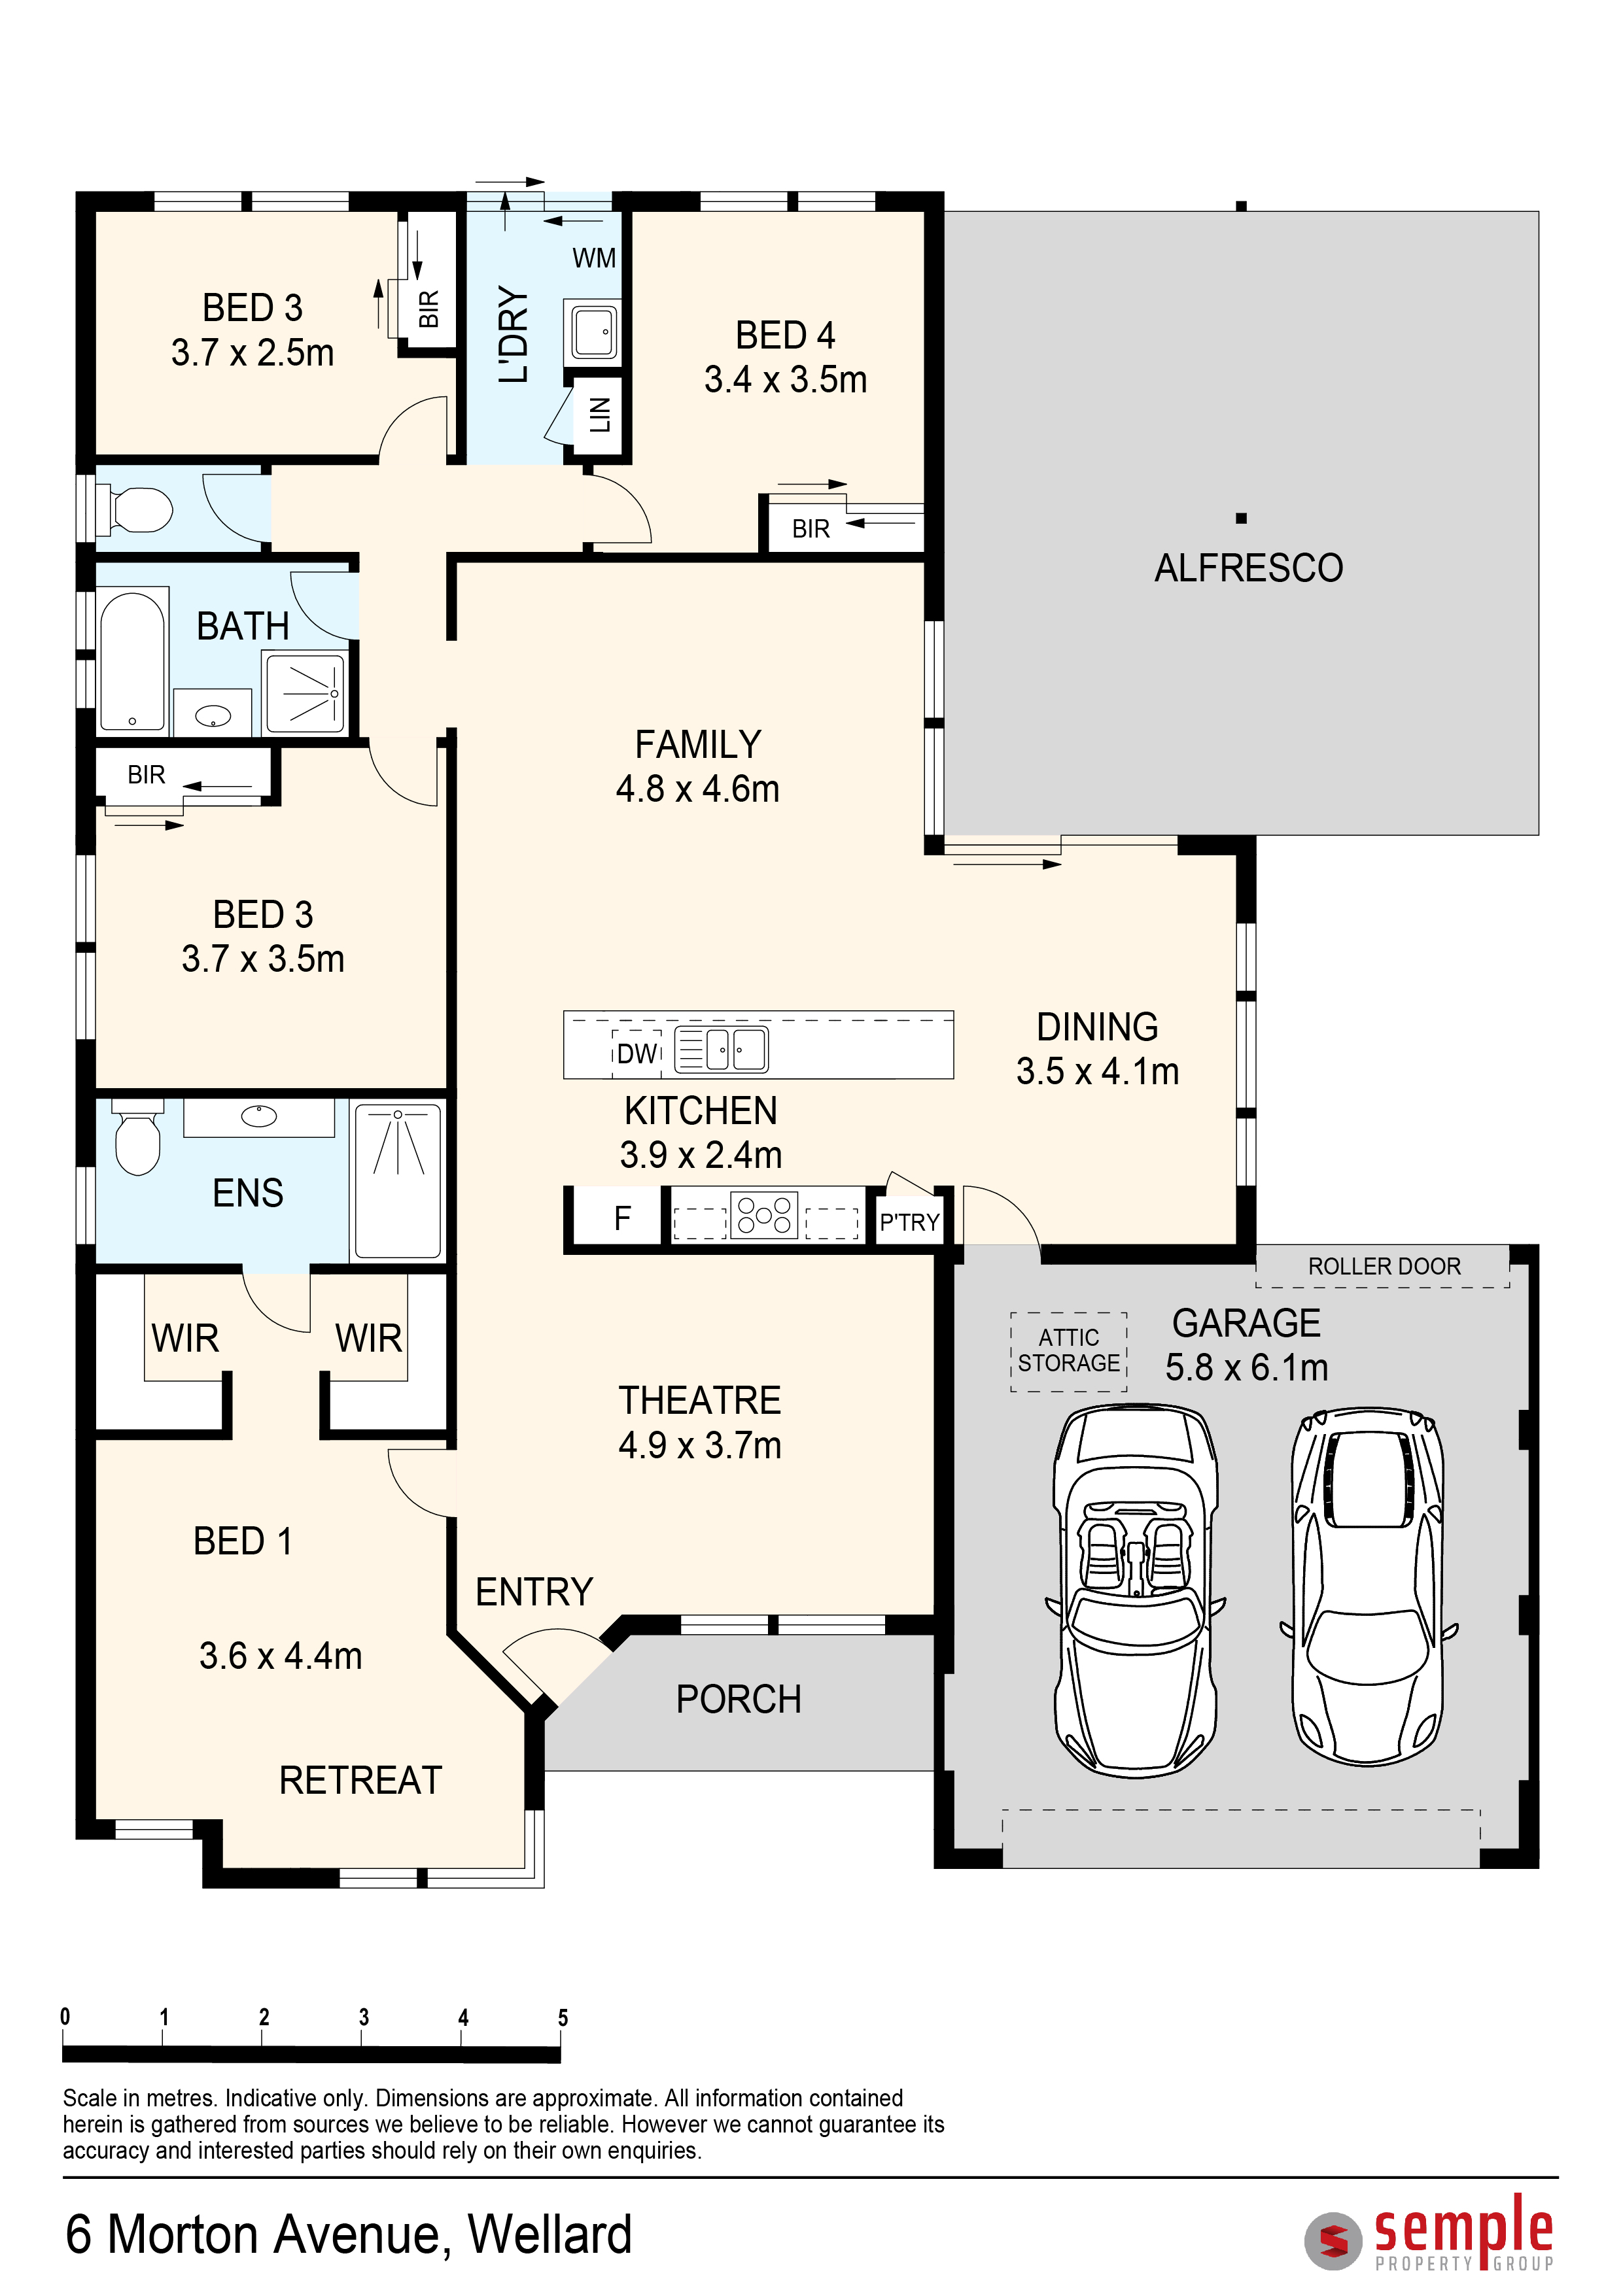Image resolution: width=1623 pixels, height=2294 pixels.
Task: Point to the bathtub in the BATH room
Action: pyautogui.click(x=132, y=661)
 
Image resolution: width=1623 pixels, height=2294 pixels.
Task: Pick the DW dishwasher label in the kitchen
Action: pyautogui.click(x=637, y=1053)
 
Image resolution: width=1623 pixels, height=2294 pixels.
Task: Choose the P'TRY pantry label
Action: pyautogui.click(x=909, y=1222)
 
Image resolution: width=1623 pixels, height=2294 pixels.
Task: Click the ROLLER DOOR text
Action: pyautogui.click(x=1384, y=1266)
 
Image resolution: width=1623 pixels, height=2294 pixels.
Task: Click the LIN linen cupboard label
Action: pyautogui.click(x=600, y=414)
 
